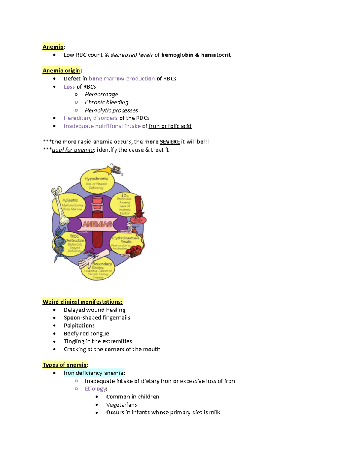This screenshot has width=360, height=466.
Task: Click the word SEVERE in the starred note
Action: point(170,142)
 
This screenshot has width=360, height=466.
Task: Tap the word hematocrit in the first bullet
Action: point(216,55)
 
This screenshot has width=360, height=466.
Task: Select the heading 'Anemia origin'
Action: point(61,71)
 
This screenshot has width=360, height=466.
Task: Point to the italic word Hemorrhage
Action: point(101,95)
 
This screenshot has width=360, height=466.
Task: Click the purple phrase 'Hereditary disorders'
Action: point(91,118)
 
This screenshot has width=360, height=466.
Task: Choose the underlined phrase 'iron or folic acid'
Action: point(170,126)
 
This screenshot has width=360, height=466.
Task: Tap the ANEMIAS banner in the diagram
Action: point(97,224)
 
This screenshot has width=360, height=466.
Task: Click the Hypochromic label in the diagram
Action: point(96,179)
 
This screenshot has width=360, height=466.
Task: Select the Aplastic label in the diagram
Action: point(70,200)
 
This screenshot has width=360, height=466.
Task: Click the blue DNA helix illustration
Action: point(59,243)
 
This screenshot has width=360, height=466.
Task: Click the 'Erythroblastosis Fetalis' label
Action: point(126,240)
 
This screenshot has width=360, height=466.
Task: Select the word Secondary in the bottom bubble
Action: point(102,264)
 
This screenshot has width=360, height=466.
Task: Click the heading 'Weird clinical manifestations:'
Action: point(82,302)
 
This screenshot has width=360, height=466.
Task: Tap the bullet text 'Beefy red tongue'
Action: point(86,334)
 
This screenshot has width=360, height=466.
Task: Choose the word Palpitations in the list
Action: point(79,326)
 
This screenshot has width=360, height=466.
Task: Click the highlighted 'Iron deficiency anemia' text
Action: point(94,373)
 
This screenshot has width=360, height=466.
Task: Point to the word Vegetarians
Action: point(121,405)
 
